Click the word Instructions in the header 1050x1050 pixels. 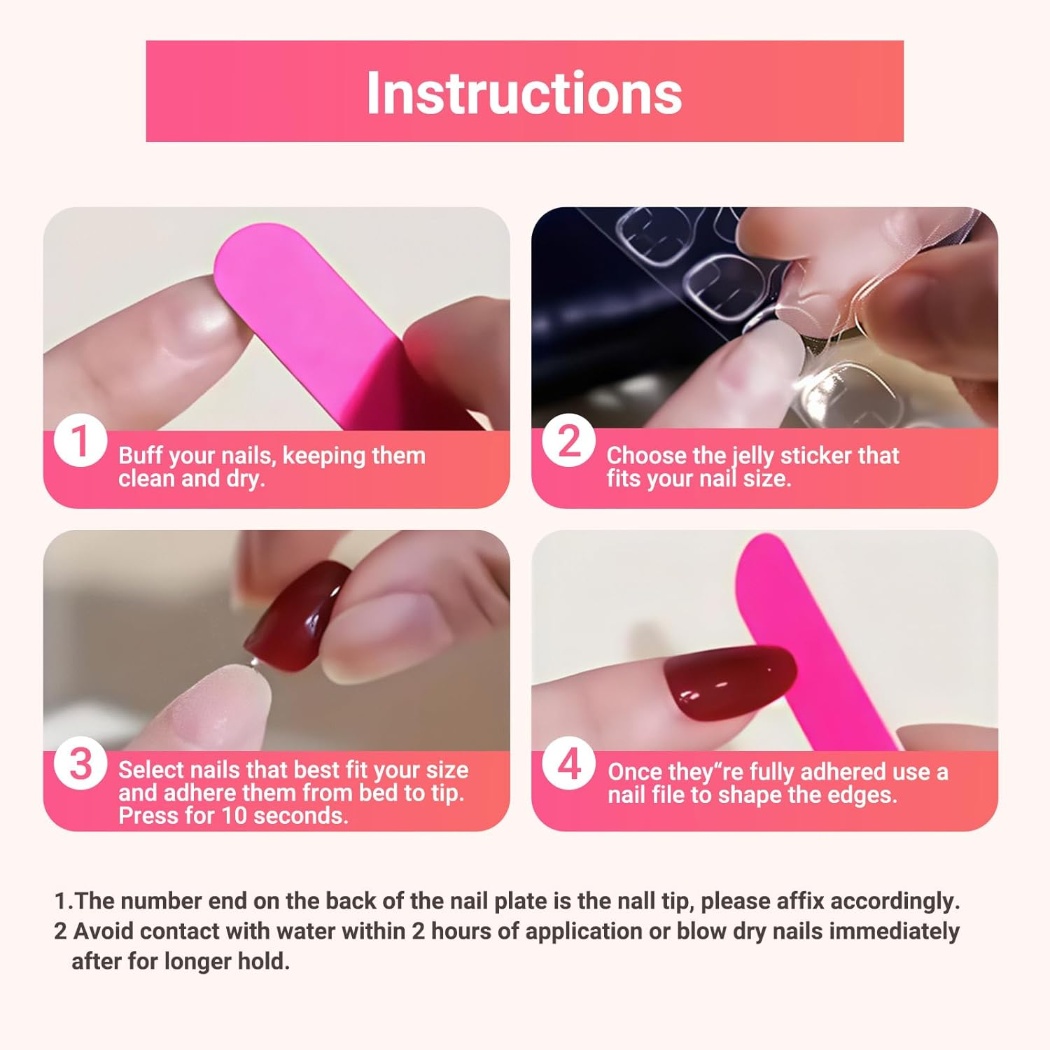[x=524, y=92]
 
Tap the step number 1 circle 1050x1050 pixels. [x=80, y=442]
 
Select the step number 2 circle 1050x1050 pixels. [x=568, y=442]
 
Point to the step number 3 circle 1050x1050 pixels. [x=80, y=764]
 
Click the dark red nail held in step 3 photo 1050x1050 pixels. [x=297, y=615]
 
